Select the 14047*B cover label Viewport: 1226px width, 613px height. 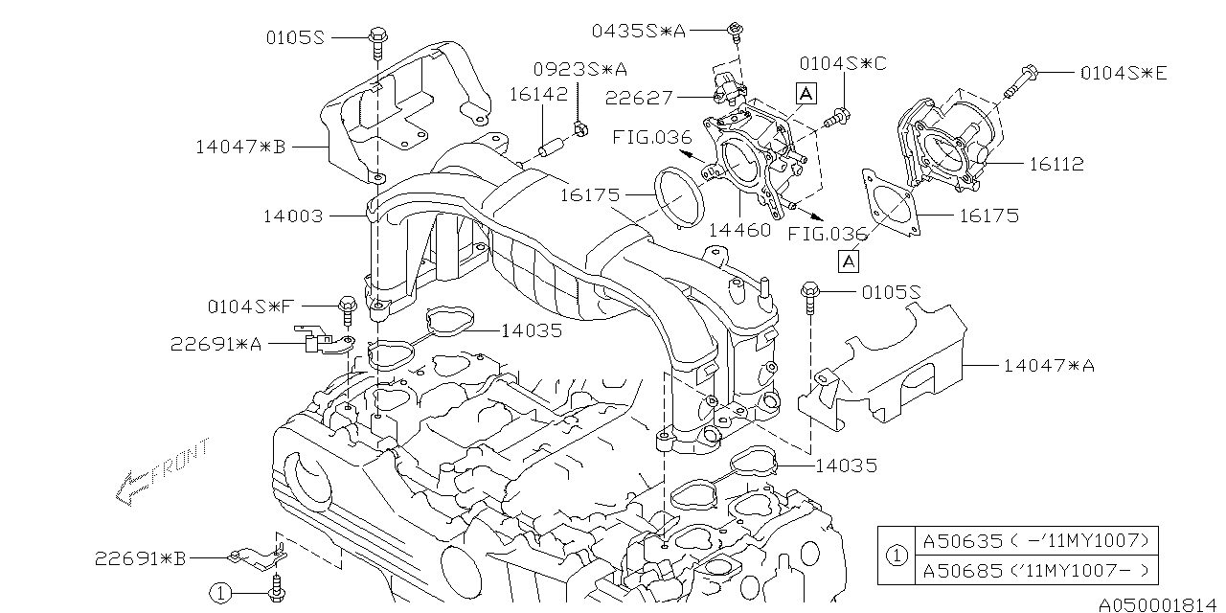coord(240,147)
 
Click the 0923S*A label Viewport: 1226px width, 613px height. coord(580,69)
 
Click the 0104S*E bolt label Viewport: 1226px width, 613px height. coord(1124,72)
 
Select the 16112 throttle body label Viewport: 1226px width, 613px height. coord(1056,165)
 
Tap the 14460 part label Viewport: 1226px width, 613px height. coord(738,231)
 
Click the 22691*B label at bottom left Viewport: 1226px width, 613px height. coord(140,557)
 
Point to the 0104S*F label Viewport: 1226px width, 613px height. coord(250,306)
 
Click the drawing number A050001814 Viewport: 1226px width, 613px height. coord(1160,604)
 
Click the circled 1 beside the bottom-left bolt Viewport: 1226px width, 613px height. coord(222,593)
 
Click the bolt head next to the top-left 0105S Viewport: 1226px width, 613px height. coord(375,38)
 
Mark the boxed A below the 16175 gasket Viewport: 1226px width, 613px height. coord(849,260)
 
